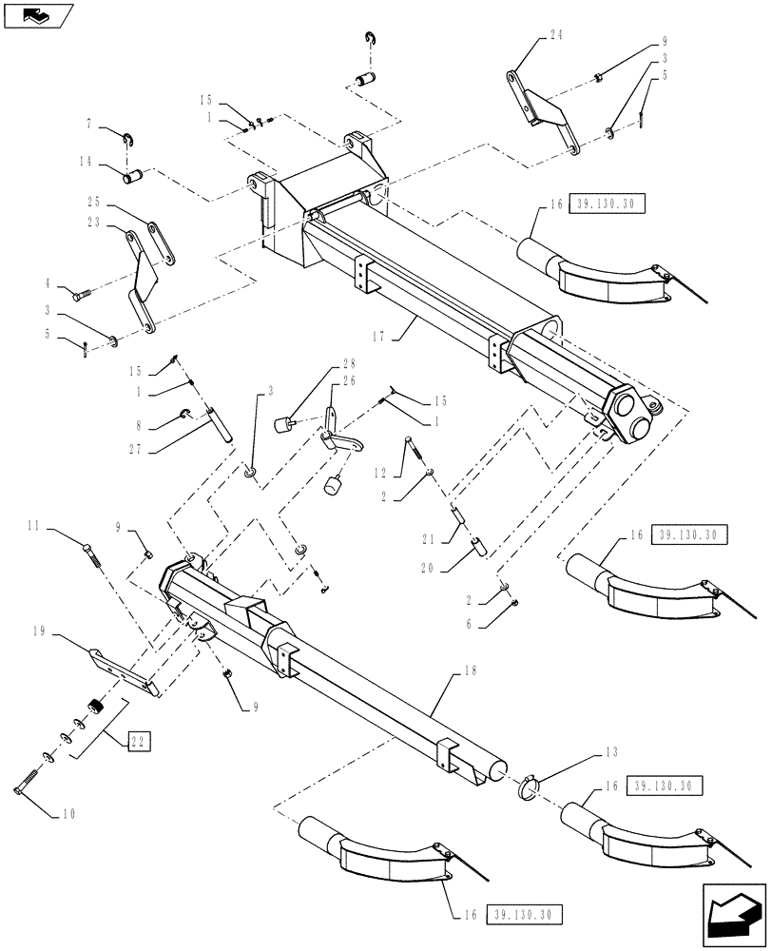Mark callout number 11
pyautogui.click(x=59, y=525)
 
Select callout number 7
pyautogui.click(x=88, y=124)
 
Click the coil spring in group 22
pyautogui.click(x=95, y=707)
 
